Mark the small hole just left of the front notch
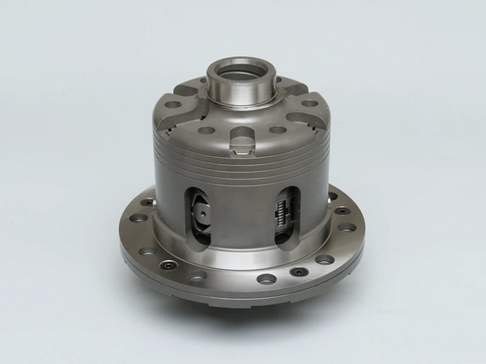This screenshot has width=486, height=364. (x=207, y=130)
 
